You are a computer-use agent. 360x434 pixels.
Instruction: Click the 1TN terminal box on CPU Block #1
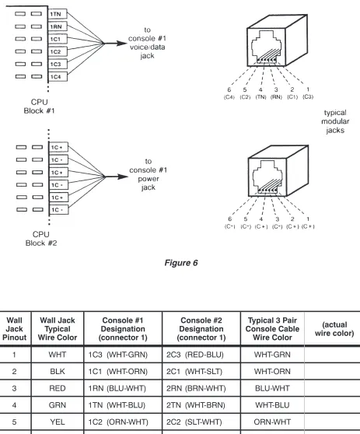[58, 14]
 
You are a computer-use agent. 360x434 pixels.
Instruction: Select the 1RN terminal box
[58, 26]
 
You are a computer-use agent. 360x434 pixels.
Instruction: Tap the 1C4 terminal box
[58, 77]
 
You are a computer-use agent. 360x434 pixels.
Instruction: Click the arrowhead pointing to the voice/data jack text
[122, 44]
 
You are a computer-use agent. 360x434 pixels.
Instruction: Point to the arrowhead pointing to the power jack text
[123, 177]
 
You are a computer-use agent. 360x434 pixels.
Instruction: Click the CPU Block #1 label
[40, 107]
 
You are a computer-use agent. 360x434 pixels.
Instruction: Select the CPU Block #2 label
[41, 239]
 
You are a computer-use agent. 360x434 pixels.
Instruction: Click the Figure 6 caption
[181, 263]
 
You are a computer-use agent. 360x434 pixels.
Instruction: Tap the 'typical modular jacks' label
[335, 121]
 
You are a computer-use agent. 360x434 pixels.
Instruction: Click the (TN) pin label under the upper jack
[260, 97]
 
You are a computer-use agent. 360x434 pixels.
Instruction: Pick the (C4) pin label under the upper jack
[229, 97]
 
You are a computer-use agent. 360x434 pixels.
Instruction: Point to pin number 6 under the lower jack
[229, 219]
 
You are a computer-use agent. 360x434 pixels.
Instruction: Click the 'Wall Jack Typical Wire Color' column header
[58, 328]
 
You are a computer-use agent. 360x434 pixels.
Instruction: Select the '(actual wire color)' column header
[334, 328]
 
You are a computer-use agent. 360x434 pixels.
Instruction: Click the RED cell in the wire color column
[58, 388]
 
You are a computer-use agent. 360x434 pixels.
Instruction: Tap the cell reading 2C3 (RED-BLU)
[195, 355]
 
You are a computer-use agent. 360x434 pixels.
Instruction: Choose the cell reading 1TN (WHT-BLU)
[117, 405]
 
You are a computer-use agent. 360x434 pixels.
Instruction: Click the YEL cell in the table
[58, 422]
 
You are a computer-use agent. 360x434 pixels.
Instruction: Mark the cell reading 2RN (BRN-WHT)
[196, 388]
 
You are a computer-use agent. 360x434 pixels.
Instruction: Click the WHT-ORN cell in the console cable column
[272, 371]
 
